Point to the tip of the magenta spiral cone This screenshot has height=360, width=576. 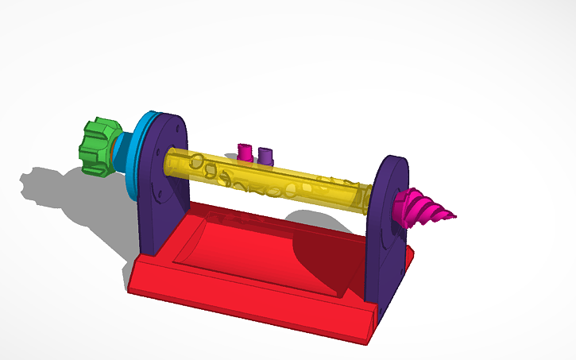(x=456, y=215)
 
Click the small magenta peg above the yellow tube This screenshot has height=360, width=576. (x=245, y=150)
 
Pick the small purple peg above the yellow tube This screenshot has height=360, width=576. (x=266, y=154)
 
